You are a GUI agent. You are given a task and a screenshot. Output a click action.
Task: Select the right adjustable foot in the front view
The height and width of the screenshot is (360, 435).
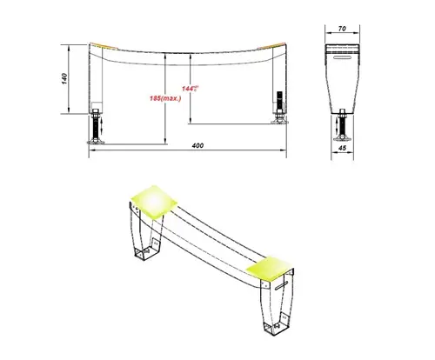[280, 110]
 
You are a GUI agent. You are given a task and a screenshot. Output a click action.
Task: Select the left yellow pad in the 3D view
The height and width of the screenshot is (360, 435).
[152, 200]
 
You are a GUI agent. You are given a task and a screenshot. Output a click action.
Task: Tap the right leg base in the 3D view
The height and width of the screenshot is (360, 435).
[272, 326]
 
